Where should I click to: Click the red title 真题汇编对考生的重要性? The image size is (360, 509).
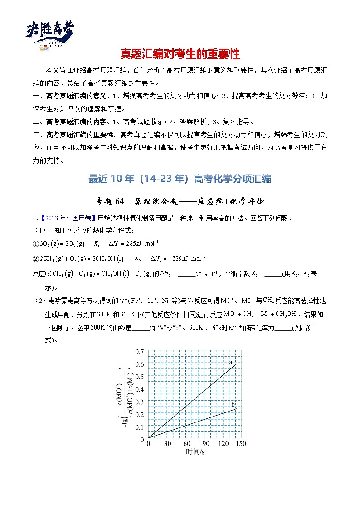coord(180,55)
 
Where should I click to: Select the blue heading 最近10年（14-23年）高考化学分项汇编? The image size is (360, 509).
coord(180,179)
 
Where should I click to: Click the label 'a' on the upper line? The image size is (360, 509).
coord(231,362)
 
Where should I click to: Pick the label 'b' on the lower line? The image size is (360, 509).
coord(233,404)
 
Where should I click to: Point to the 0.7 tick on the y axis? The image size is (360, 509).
coord(139,351)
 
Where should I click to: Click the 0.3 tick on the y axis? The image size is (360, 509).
coord(139,402)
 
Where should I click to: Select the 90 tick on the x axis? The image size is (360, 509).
coord(205,444)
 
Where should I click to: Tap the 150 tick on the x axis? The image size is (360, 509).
coord(241,444)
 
